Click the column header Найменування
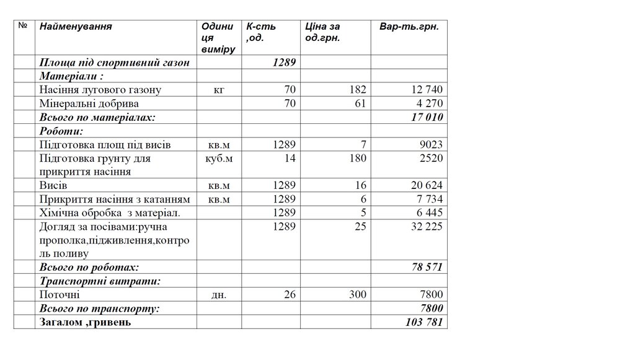(76, 27)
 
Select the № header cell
(22, 26)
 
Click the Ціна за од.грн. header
(322, 32)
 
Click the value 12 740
(424, 90)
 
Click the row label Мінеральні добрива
(89, 103)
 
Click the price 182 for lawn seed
(358, 90)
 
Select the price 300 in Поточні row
(357, 295)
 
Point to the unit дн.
(218, 295)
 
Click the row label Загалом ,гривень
(86, 322)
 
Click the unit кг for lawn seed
(218, 90)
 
